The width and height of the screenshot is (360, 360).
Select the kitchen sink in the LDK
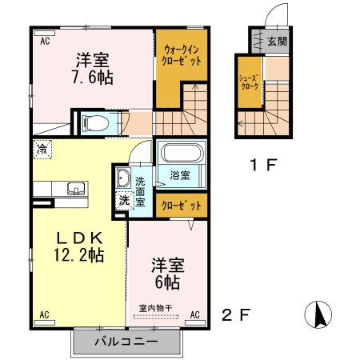[x=76, y=190]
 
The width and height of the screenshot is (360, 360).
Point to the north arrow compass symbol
[x=319, y=314]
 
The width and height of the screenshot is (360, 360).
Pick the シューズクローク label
[x=249, y=81]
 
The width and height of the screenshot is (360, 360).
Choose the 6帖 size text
[x=167, y=282]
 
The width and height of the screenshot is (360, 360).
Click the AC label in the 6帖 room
[x=194, y=314]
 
